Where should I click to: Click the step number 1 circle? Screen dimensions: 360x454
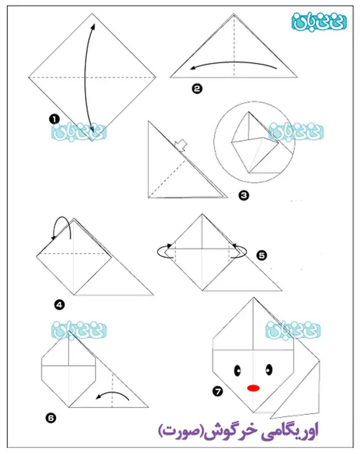[x=54, y=119]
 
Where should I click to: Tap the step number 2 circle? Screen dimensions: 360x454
[x=197, y=89]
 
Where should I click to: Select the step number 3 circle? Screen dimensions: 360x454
[x=244, y=195]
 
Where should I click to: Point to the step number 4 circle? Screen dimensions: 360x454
[x=60, y=305]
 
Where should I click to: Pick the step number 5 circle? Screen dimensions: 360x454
[x=262, y=255]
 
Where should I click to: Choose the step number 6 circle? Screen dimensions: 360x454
[x=50, y=418]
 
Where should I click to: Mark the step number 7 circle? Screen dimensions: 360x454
[x=218, y=392]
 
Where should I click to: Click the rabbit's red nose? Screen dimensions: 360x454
[x=253, y=388]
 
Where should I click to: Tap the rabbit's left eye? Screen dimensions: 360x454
[x=238, y=370]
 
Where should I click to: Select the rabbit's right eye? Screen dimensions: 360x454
[x=269, y=369]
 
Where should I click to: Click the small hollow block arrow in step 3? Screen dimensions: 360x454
[x=181, y=145]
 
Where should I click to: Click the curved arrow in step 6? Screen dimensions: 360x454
[x=113, y=393]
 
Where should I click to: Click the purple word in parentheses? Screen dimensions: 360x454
[x=181, y=431]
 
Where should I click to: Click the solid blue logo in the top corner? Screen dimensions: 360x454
[x=319, y=22]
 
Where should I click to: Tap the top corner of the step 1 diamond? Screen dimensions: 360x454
[x=92, y=13]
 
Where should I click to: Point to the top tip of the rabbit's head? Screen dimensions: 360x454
[x=253, y=297]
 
